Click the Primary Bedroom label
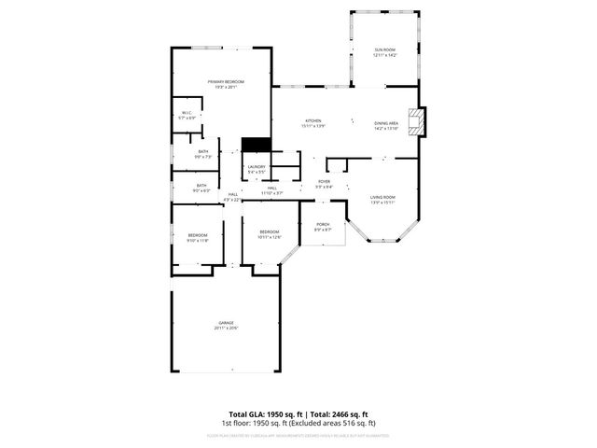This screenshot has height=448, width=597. (219, 82)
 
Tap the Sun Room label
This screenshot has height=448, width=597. (385, 49)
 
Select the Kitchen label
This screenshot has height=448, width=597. (313, 121)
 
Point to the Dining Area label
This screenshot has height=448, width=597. (386, 123)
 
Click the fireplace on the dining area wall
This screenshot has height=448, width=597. (422, 121)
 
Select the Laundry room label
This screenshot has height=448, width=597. (257, 167)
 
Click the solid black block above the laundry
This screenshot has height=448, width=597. (256, 145)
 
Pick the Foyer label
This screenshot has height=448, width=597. (324, 181)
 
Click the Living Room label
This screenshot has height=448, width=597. (382, 197)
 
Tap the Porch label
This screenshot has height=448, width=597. (323, 224)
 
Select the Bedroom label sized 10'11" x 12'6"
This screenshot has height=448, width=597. (270, 231)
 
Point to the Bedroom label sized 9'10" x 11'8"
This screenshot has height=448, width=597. (197, 235)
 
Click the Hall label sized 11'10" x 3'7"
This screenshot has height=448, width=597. (273, 189)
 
